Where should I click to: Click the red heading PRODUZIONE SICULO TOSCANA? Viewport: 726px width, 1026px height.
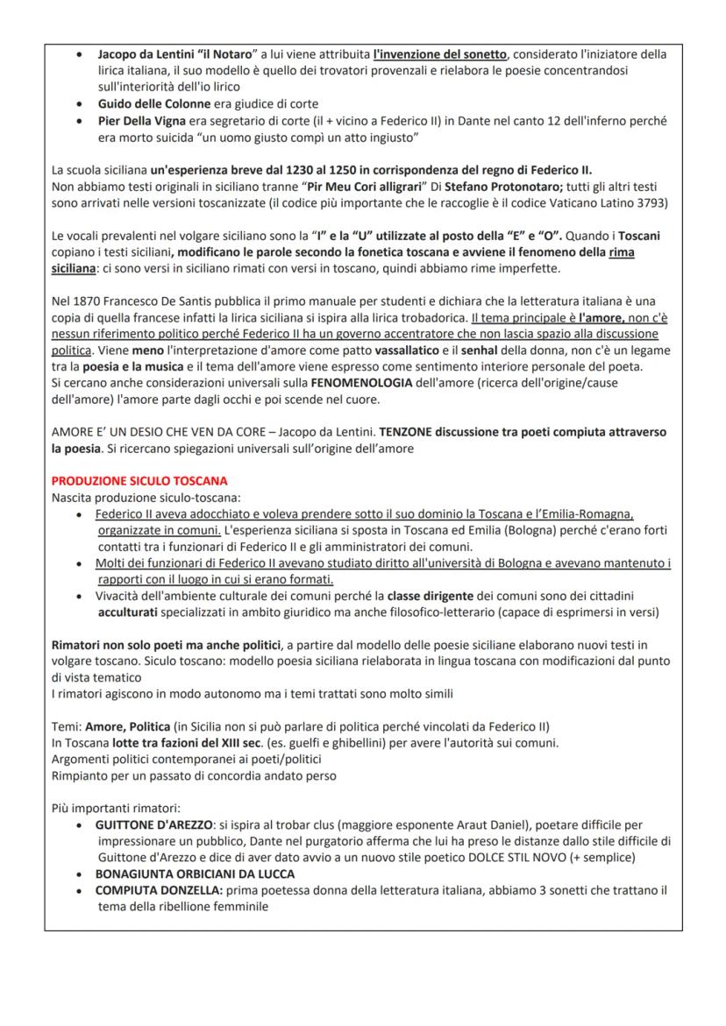139,481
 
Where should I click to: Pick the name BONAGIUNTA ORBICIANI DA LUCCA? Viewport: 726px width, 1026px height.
195,874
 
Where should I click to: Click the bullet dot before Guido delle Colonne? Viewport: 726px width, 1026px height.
80,103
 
